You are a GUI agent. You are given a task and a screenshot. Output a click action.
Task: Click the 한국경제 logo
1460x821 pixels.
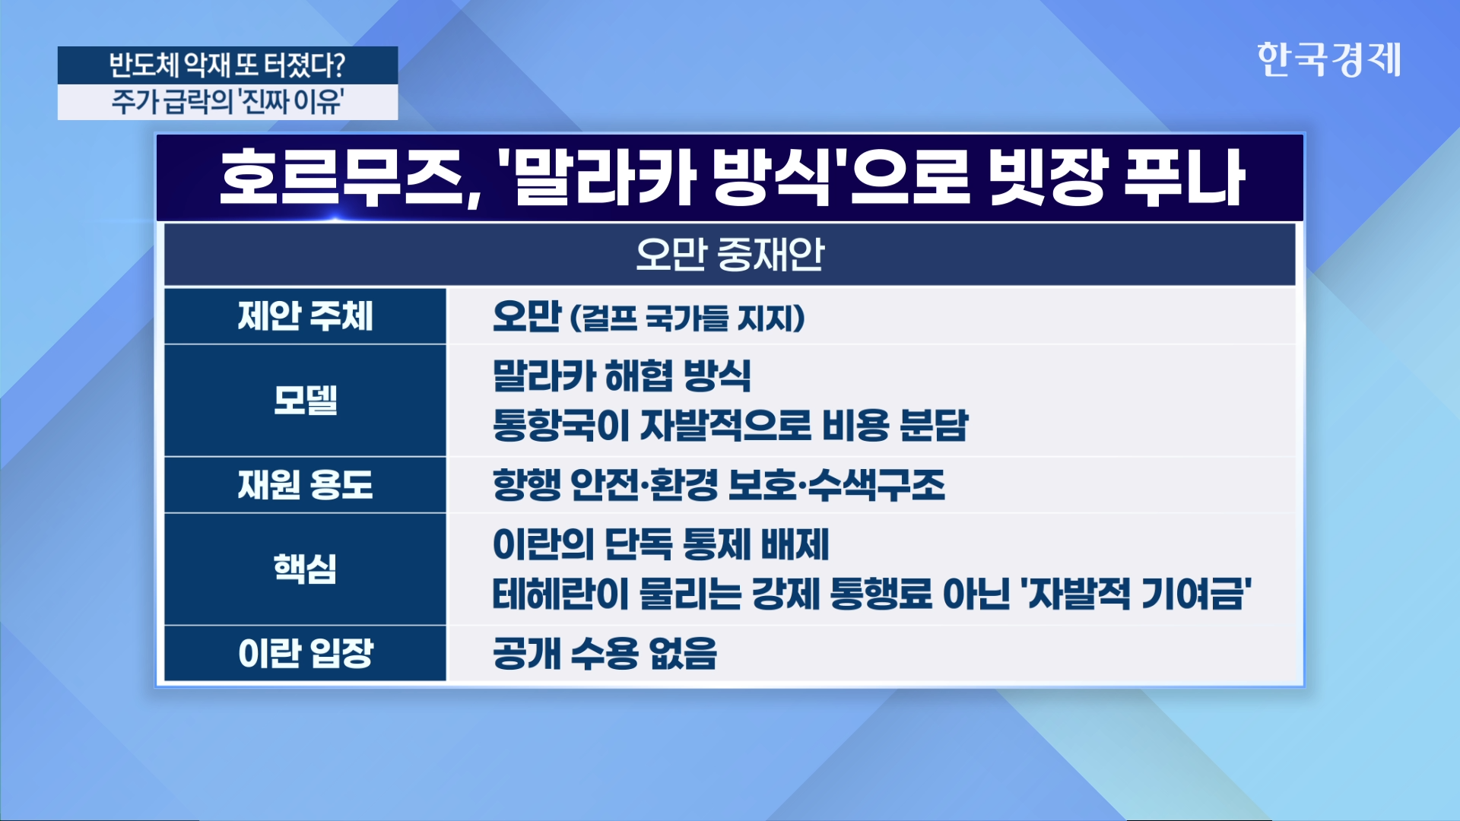[1328, 59]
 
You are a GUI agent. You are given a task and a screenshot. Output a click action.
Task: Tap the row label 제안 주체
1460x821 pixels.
[305, 316]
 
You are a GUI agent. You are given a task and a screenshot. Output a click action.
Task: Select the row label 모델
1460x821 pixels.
[305, 400]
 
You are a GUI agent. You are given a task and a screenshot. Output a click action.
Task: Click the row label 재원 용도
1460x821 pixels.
[305, 484]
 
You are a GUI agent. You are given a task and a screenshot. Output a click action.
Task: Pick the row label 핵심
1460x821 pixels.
[305, 568]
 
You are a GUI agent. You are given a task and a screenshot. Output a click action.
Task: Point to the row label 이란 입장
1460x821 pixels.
[305, 653]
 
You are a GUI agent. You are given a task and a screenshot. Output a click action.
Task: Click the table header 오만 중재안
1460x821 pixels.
[730, 254]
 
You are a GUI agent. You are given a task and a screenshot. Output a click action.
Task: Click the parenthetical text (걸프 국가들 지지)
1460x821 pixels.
[687, 318]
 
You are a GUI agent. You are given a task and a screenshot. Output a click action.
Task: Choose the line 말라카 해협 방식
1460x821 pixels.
[622, 376]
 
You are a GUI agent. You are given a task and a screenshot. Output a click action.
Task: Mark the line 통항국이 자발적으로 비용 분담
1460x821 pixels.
[730, 425]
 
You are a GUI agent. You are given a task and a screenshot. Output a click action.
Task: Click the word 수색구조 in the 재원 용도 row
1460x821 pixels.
[876, 485]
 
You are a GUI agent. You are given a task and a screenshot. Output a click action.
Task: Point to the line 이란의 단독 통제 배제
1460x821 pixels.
[661, 544]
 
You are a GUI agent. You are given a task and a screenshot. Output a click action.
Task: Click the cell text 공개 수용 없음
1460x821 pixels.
[605, 653]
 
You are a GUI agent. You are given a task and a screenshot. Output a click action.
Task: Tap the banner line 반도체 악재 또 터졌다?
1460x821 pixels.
[227, 65]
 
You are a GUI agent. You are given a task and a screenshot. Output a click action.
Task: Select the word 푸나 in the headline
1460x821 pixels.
[1183, 178]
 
